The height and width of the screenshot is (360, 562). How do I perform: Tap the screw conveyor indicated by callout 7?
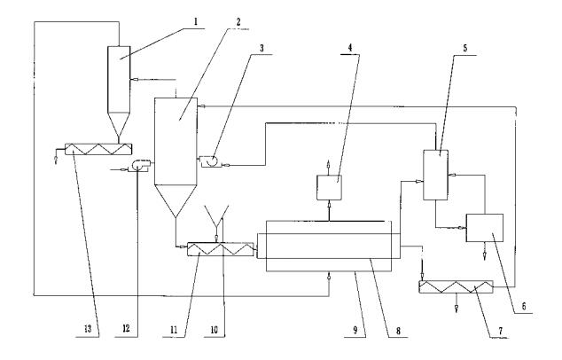tap(457, 289)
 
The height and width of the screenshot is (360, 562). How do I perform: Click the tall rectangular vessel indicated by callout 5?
tap(434, 174)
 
